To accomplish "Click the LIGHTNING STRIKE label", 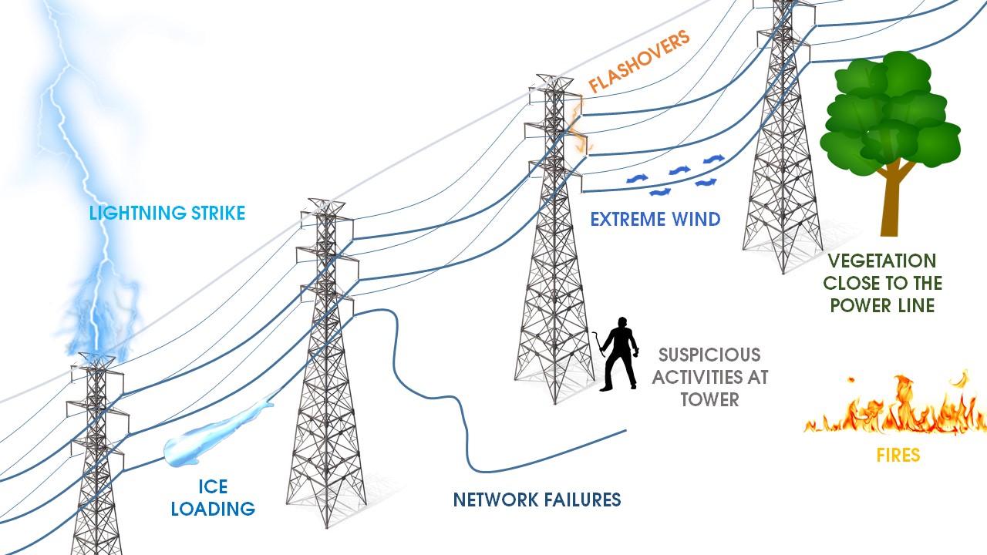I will click(167, 214).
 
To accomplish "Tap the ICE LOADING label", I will click(213, 498).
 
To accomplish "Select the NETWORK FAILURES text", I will click(537, 499).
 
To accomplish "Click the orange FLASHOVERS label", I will click(639, 62).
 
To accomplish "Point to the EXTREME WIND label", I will click(655, 220).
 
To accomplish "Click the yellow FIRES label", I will click(898, 456).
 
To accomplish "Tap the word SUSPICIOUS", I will click(709, 355).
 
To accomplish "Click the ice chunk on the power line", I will click(212, 440).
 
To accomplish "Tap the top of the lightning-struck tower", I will click(96, 360).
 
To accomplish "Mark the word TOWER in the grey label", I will click(709, 399).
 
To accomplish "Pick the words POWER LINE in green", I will click(882, 306).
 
